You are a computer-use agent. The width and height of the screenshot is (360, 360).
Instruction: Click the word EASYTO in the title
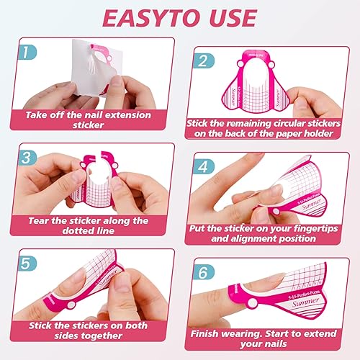pos(141,17)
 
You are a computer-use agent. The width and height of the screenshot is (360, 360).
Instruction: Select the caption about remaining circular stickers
pos(268,128)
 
